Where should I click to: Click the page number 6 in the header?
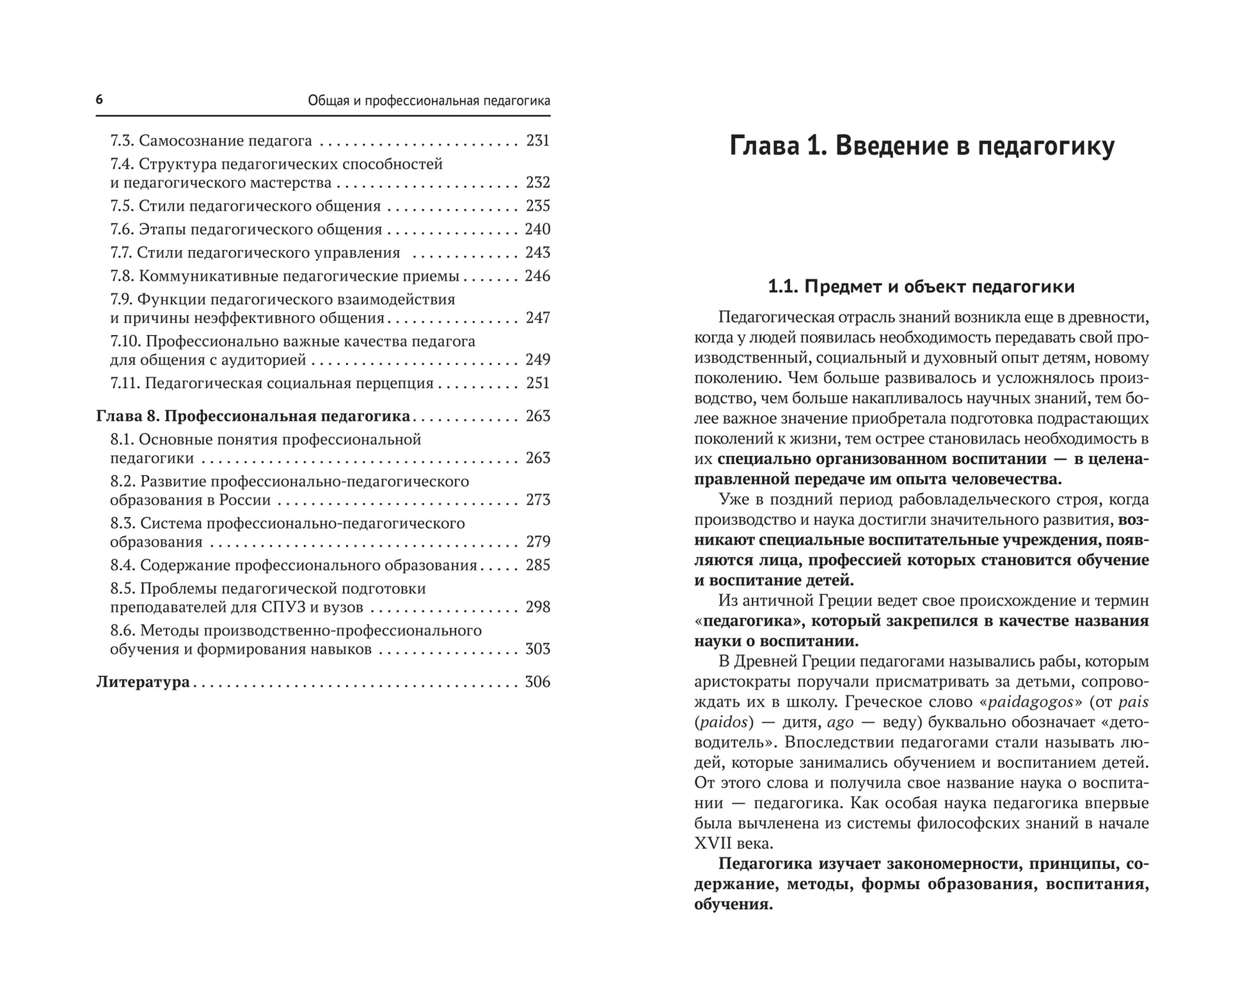pyautogui.click(x=99, y=100)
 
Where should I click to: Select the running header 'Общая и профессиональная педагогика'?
pyautogui.click(x=429, y=101)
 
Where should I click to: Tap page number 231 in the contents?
pyautogui.click(x=538, y=141)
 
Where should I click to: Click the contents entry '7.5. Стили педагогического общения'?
pyautogui.click(x=246, y=206)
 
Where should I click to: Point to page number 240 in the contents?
pyautogui.click(x=537, y=229)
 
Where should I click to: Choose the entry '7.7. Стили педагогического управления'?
pyautogui.click(x=255, y=253)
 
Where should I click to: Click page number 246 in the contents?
pyautogui.click(x=537, y=276)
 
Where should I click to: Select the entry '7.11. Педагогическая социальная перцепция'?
pyautogui.click(x=272, y=383)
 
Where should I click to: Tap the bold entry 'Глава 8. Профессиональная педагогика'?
pyautogui.click(x=253, y=416)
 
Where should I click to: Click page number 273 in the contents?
pyautogui.click(x=538, y=500)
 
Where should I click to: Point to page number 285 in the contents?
pyautogui.click(x=538, y=565)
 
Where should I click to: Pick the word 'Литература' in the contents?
pyautogui.click(x=143, y=682)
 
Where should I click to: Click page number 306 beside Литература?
pyautogui.click(x=537, y=682)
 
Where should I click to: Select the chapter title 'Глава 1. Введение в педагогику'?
pyautogui.click(x=922, y=146)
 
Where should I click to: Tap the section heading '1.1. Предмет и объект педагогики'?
pyautogui.click(x=921, y=286)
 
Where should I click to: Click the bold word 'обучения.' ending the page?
pyautogui.click(x=733, y=905)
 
